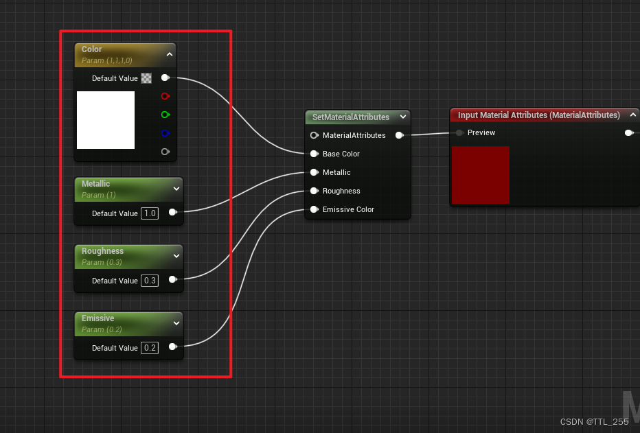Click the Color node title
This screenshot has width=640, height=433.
tap(92, 49)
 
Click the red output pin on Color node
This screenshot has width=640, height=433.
tap(165, 96)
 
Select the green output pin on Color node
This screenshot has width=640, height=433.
tap(165, 115)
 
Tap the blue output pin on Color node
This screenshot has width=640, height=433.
tap(165, 133)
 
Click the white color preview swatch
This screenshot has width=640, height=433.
tap(106, 120)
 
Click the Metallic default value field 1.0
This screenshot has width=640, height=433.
tap(150, 213)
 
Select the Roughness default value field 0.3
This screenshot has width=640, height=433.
tap(150, 281)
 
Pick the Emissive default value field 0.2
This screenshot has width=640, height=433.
tap(150, 348)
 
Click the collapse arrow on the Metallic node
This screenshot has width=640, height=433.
tap(176, 188)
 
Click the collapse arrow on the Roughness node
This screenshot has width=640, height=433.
tap(176, 255)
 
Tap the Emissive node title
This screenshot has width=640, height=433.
tap(98, 318)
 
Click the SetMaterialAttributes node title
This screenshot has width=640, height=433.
tap(350, 117)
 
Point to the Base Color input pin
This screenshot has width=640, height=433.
tap(315, 154)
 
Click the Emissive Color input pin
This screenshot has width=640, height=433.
tap(315, 209)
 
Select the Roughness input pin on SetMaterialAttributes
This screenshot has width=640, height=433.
tap(315, 191)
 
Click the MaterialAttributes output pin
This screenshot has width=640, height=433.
tap(399, 135)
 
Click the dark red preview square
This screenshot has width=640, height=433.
tap(481, 175)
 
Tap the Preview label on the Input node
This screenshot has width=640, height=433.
tap(481, 132)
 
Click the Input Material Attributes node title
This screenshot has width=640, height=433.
tap(538, 115)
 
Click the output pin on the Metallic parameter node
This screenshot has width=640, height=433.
tap(172, 213)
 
